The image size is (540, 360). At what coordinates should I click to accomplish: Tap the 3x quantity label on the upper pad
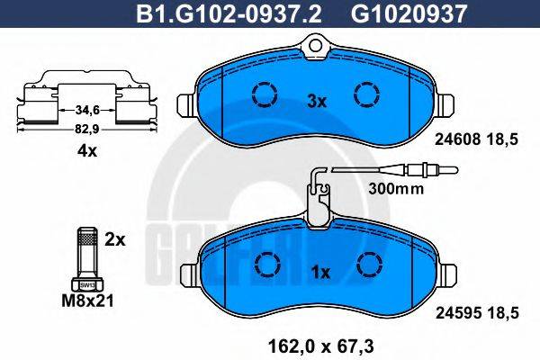(x=316, y=102)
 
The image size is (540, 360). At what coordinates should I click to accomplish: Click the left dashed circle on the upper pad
(x=264, y=94)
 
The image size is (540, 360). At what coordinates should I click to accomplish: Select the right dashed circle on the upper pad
(x=366, y=94)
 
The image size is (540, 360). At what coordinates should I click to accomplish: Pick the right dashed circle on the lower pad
(x=367, y=264)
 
